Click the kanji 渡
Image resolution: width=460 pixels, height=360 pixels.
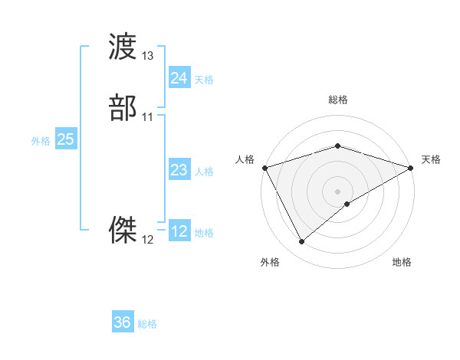point(123,47)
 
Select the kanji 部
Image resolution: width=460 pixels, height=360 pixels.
point(123,108)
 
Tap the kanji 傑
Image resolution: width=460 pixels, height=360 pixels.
point(123,229)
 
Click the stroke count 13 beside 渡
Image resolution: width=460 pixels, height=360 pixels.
point(148,57)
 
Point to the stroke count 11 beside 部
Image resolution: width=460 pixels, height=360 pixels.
point(148,117)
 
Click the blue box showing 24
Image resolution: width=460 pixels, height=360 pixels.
point(179,78)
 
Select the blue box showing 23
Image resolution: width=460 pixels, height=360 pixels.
point(179,170)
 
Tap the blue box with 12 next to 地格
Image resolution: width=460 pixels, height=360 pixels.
point(179,231)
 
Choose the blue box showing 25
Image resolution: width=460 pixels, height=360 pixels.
point(66,139)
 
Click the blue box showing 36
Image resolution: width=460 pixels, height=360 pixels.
point(123,322)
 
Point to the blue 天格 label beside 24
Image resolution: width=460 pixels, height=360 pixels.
point(204,80)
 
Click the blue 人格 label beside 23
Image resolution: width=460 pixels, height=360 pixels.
point(204,172)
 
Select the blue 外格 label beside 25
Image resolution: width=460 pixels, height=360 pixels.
point(41,141)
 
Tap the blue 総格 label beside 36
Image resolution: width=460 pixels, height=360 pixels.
point(147,324)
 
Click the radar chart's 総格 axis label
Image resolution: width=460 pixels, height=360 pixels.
point(338,100)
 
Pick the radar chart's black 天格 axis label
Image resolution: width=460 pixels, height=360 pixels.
point(432,159)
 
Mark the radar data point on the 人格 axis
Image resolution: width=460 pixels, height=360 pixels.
point(264,167)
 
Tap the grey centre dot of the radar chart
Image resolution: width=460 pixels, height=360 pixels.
point(338,191)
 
